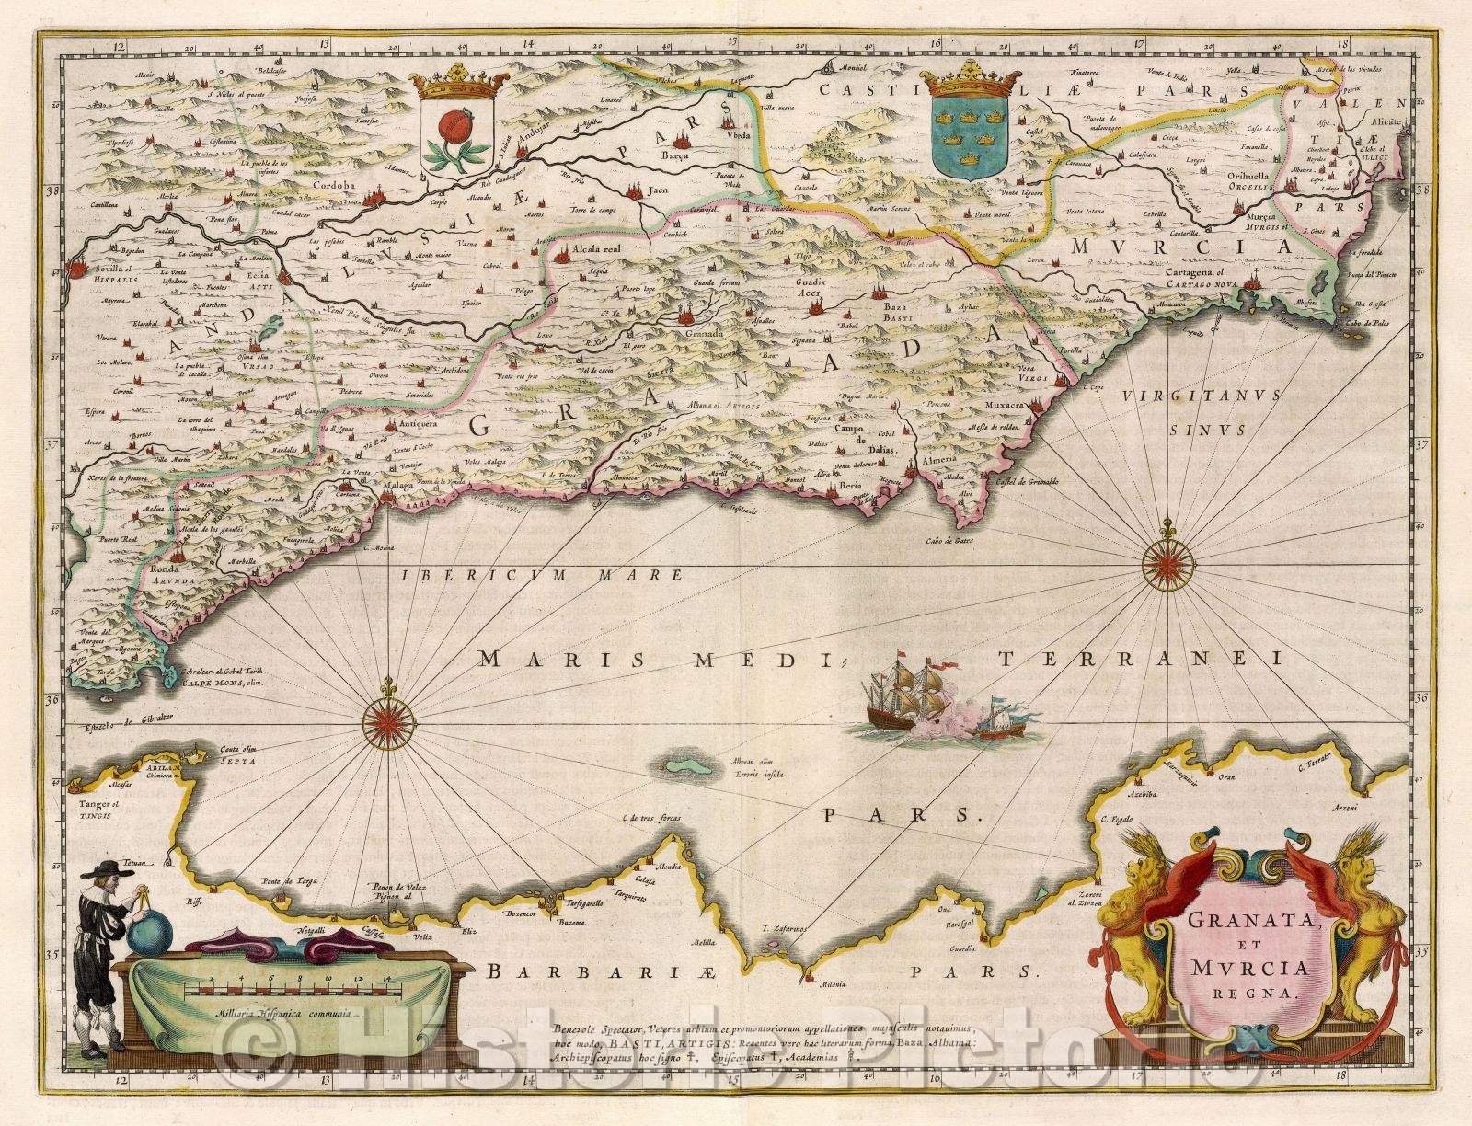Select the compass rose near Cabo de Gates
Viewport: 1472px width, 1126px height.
point(1169,563)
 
